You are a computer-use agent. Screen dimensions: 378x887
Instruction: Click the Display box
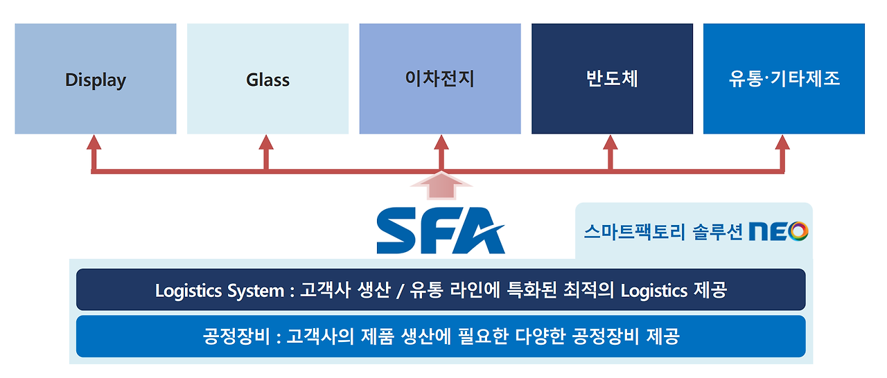(x=96, y=79)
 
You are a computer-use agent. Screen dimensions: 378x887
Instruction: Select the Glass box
(x=267, y=79)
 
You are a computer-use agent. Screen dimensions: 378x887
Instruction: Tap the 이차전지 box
(x=440, y=79)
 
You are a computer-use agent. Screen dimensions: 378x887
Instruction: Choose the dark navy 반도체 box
(x=612, y=79)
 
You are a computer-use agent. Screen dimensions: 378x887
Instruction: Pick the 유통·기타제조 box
(x=784, y=79)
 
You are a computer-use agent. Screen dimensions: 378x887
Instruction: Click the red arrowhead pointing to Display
(x=94, y=143)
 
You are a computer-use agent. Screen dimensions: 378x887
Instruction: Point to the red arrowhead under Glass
(x=267, y=143)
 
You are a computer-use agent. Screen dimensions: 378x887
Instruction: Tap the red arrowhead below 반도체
(x=611, y=143)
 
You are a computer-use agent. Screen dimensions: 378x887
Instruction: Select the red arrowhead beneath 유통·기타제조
(x=783, y=143)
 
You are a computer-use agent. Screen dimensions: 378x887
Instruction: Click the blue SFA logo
(x=441, y=231)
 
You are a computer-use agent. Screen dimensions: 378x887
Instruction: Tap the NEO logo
(x=778, y=231)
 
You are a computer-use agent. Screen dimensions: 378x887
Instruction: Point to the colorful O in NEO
(x=798, y=231)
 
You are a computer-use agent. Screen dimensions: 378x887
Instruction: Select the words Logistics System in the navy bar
(x=220, y=290)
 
